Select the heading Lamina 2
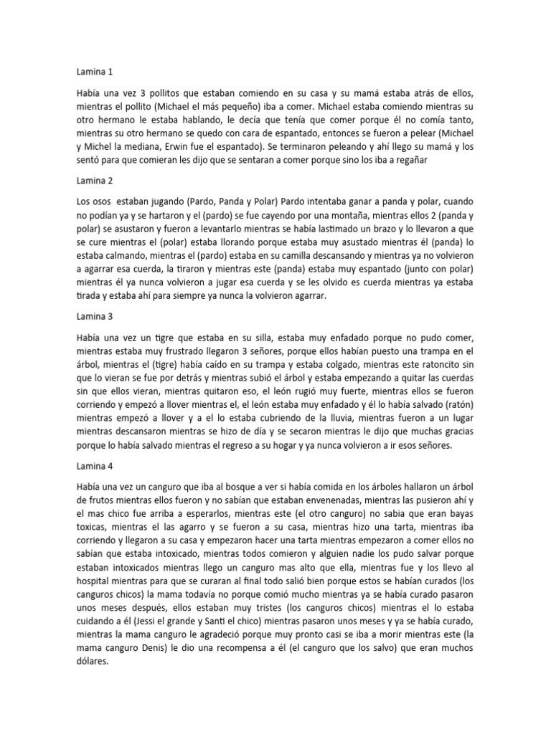pyautogui.click(x=95, y=181)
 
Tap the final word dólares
pyautogui.click(x=93, y=674)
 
